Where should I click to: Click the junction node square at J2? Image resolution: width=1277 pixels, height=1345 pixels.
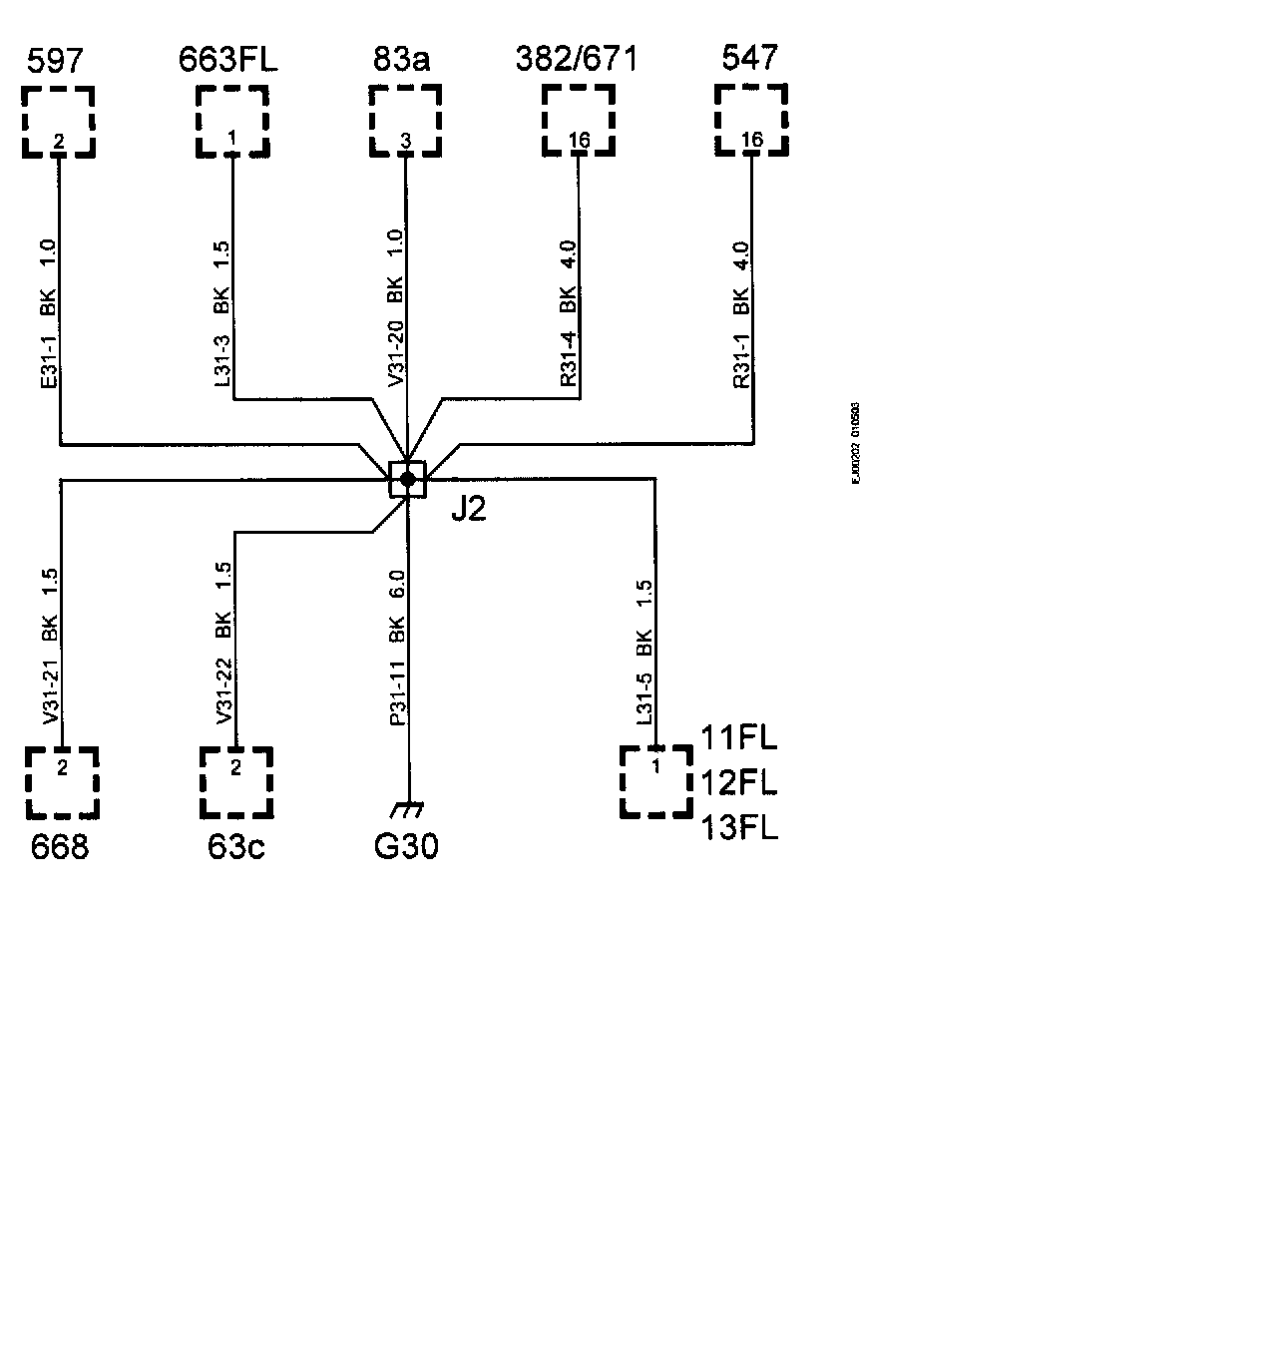coord(407,480)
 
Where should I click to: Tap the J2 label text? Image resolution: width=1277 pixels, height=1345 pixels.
coord(468,510)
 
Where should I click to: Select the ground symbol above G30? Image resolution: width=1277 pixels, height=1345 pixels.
coord(407,809)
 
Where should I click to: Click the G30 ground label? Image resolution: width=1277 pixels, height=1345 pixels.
coord(406,847)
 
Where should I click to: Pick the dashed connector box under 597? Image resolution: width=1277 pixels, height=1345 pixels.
coord(59,122)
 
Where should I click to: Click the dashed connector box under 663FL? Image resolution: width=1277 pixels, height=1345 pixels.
coord(232,122)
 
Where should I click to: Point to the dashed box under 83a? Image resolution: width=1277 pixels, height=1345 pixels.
coord(405,122)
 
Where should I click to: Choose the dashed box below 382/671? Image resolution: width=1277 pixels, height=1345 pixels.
coord(579,122)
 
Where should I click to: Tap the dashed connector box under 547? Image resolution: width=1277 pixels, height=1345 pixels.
coord(752,121)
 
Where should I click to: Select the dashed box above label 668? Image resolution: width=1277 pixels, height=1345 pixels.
coord(62,782)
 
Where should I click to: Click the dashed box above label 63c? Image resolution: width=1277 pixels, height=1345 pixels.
coord(235,782)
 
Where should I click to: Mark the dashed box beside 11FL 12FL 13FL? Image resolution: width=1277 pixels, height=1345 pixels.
coord(656,781)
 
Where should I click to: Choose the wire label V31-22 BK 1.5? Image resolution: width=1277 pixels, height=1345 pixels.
coord(223,644)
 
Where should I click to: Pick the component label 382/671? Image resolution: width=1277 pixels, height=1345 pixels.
coord(577,60)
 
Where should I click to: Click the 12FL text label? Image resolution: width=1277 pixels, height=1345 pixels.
coord(738,783)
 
